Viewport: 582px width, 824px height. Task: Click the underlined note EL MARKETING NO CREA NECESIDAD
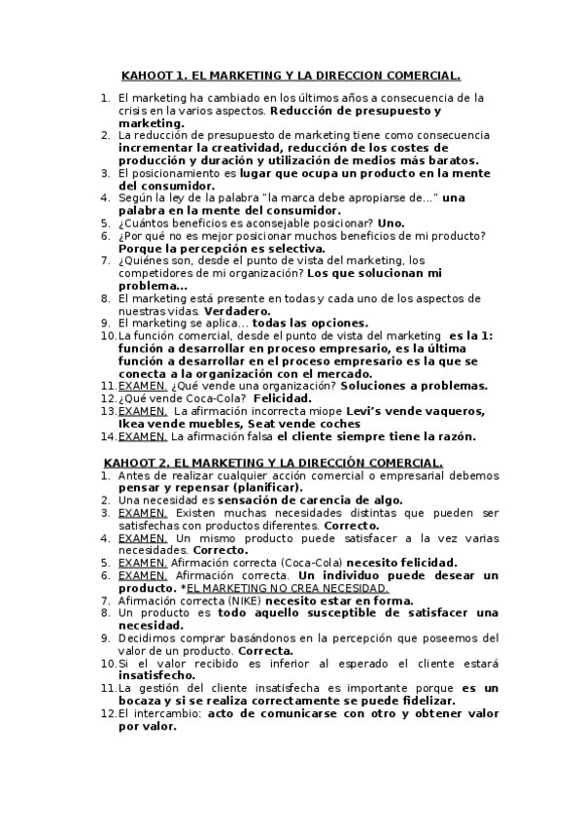click(x=290, y=589)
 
